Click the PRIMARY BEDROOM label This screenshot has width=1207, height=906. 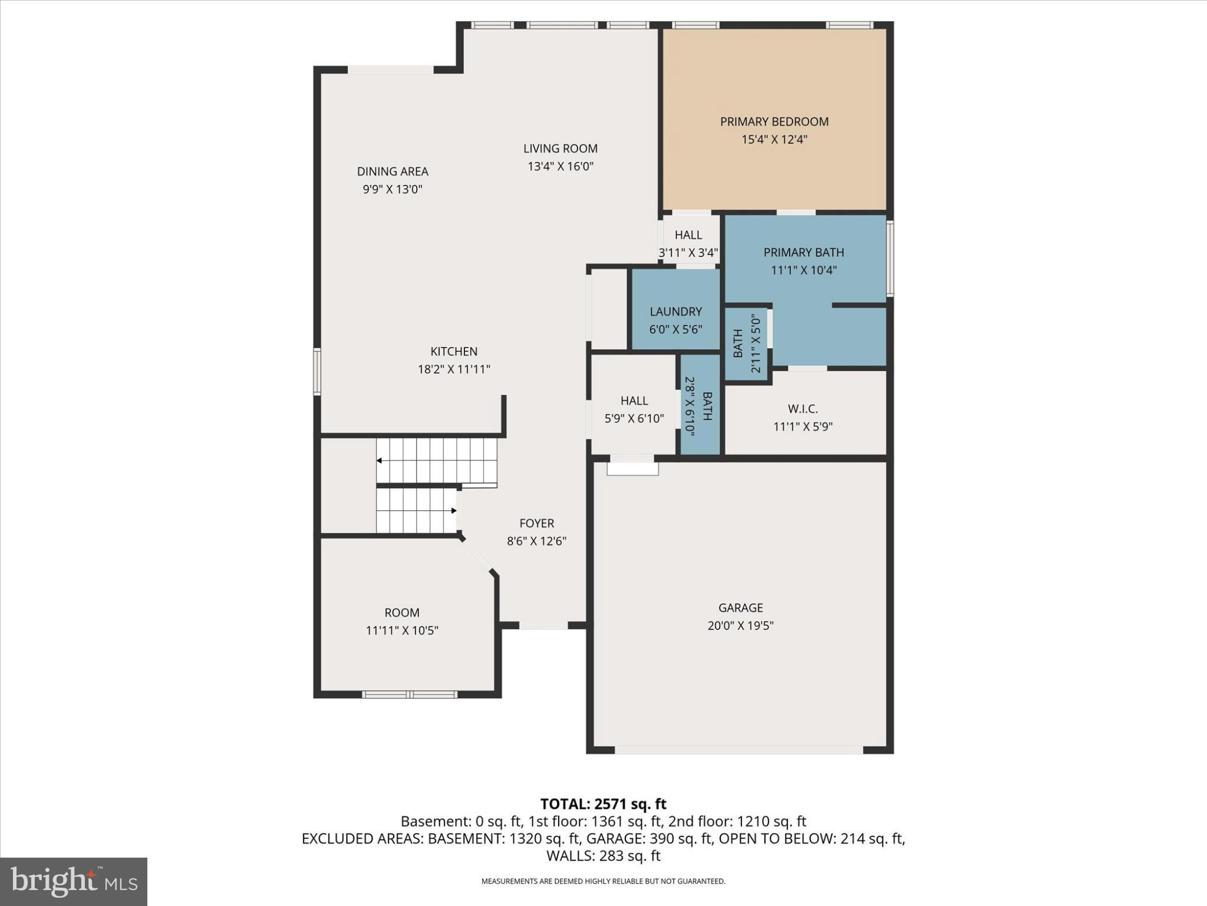point(774,122)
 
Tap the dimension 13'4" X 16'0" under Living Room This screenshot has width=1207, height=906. point(560,166)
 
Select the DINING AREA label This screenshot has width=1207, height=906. point(393,172)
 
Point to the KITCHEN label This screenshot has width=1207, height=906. point(454,352)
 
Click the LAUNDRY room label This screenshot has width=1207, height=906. point(675,311)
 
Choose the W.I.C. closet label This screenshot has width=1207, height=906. point(803,409)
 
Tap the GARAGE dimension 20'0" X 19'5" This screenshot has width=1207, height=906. point(740,625)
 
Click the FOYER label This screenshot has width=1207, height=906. point(536,523)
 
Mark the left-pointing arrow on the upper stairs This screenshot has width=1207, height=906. point(379,460)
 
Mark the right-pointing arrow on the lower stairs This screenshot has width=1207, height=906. point(454,510)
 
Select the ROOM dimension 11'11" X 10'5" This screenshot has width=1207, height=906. point(402,631)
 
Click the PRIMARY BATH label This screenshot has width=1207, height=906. point(803,252)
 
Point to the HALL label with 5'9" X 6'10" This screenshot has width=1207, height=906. point(634,401)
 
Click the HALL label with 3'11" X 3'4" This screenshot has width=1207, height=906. point(688,235)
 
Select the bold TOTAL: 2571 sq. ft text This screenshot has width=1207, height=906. point(603,804)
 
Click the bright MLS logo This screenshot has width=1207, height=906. point(74,881)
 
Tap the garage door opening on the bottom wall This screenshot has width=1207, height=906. point(739,750)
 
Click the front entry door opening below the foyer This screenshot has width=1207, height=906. point(543,625)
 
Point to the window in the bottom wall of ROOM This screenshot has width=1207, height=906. point(410,694)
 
